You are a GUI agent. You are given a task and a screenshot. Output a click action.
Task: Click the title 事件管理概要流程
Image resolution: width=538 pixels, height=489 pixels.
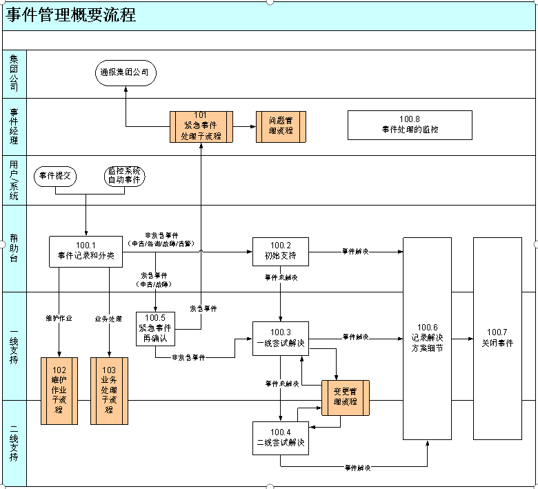(71, 15)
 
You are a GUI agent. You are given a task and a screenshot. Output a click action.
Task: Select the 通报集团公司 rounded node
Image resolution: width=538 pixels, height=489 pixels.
(126, 72)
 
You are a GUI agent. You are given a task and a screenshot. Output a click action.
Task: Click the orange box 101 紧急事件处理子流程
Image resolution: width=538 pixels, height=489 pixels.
(201, 126)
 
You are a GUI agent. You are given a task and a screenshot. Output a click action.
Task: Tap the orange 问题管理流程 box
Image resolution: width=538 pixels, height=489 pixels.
(280, 126)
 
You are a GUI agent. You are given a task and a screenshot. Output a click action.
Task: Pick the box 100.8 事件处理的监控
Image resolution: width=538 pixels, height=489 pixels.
(410, 125)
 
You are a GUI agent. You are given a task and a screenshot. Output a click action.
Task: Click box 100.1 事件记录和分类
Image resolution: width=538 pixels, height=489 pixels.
(86, 252)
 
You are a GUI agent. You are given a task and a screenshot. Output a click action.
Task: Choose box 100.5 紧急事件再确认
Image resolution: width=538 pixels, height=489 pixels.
(155, 328)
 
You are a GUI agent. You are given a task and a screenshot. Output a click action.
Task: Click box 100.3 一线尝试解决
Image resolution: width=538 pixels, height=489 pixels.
(280, 338)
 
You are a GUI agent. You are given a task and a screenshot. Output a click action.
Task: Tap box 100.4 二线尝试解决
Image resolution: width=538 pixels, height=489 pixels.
(280, 437)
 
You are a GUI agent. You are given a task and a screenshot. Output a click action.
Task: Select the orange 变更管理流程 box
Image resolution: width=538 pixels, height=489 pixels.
(346, 398)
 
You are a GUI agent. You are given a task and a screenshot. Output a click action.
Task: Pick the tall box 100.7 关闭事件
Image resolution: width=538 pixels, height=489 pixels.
(497, 338)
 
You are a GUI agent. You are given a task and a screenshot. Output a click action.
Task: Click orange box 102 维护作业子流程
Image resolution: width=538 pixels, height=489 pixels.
(59, 390)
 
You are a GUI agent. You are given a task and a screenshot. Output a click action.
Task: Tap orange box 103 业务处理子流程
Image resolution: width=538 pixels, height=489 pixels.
(109, 390)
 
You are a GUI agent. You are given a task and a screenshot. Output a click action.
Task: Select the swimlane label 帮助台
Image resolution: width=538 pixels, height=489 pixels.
(14, 248)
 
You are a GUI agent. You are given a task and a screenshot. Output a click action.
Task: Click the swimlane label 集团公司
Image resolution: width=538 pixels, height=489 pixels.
(14, 74)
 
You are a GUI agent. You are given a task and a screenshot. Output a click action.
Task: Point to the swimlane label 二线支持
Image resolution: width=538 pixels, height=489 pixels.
(14, 443)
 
